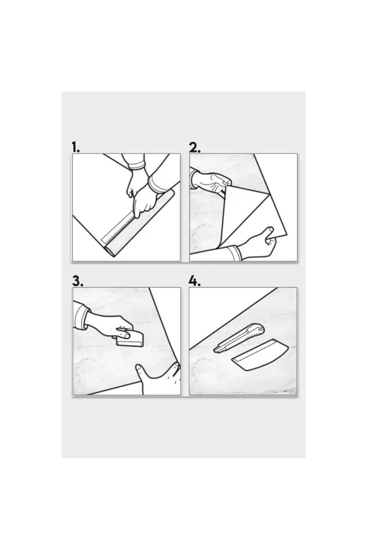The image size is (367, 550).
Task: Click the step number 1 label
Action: (x=75, y=147)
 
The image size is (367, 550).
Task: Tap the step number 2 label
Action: (x=195, y=147)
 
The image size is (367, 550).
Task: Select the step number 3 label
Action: (x=78, y=281)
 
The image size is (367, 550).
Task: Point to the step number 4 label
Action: (x=195, y=281)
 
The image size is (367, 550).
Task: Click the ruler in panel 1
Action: (x=117, y=230)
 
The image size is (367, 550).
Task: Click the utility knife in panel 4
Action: (x=239, y=339)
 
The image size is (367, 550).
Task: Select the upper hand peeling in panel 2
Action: (x=210, y=182)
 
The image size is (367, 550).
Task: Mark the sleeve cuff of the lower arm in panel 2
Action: (x=232, y=253)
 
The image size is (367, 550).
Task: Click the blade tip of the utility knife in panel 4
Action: (x=214, y=350)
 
